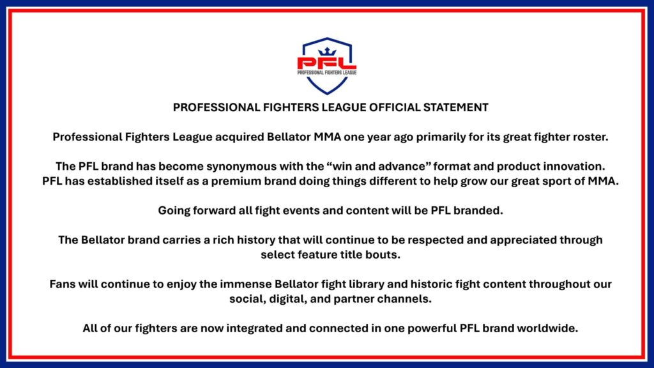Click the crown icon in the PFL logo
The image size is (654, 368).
pyautogui.click(x=327, y=52)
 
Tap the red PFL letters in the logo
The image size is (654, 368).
pyautogui.click(x=326, y=63)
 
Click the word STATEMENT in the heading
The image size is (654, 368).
pyautogui.click(x=456, y=107)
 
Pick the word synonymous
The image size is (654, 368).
pyautogui.click(x=239, y=167)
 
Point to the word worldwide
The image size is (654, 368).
pyautogui.click(x=547, y=329)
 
